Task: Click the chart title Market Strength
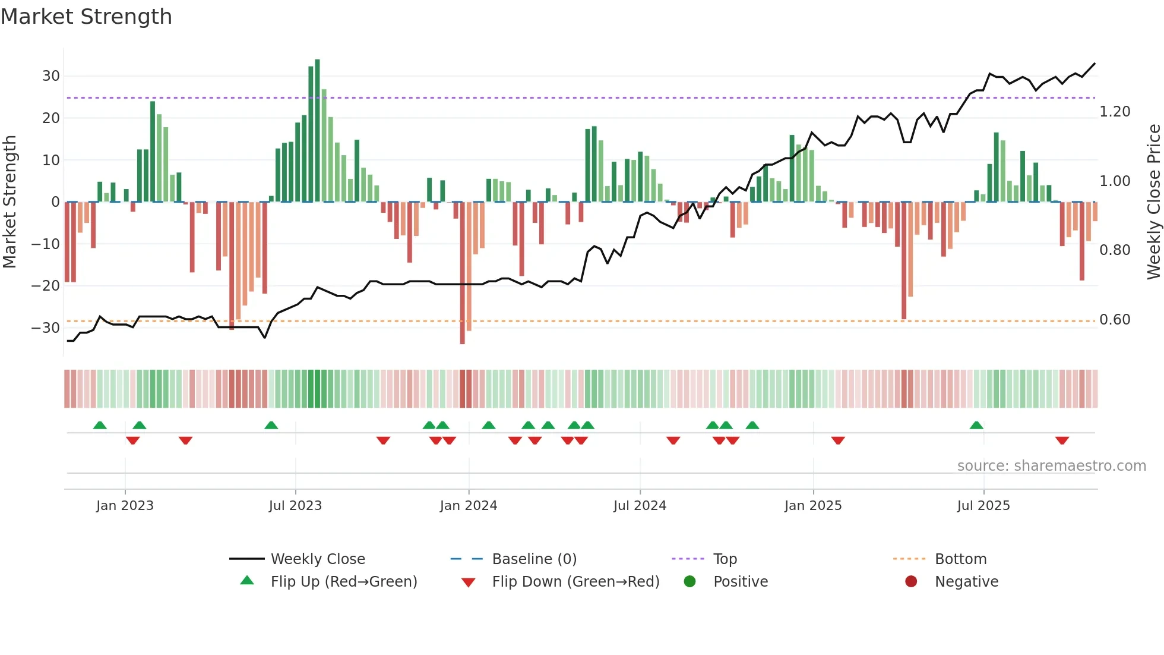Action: [x=87, y=17]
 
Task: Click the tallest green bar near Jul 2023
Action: [x=317, y=131]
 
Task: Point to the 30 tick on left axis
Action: [x=51, y=76]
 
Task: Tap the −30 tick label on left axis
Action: [x=46, y=328]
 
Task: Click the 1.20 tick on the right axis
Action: [x=1115, y=112]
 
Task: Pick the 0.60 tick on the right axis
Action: [x=1115, y=320]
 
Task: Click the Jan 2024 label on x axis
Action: [x=468, y=506]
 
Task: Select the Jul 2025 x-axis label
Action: [x=983, y=506]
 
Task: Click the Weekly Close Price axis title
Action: [x=1153, y=202]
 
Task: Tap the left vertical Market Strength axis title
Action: [x=10, y=202]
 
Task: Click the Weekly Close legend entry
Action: [x=318, y=559]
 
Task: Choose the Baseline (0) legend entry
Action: [x=534, y=559]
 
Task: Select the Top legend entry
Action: [x=725, y=559]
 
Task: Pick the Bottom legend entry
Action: [x=960, y=559]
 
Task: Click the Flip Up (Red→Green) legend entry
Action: [x=344, y=582]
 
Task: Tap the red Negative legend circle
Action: [x=911, y=582]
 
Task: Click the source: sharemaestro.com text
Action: [x=1051, y=466]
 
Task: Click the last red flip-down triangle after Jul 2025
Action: [x=1062, y=440]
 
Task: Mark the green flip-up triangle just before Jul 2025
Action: [x=976, y=425]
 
